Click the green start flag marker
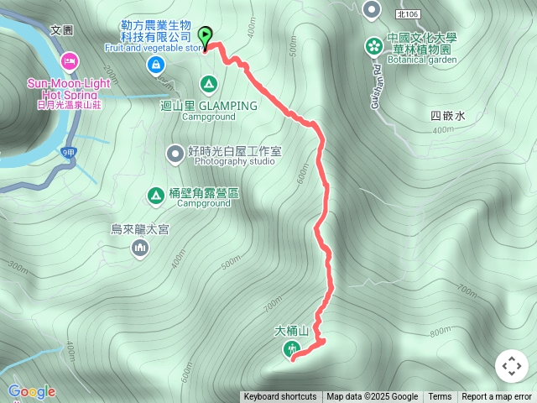click(x=206, y=35)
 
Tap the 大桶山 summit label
click(x=293, y=331)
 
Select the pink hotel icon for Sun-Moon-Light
click(x=70, y=61)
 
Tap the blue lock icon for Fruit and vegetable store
click(x=155, y=65)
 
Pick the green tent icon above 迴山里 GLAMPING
click(x=208, y=84)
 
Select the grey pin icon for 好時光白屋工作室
click(x=175, y=153)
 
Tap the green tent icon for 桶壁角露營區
click(x=155, y=196)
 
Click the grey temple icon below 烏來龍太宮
click(x=140, y=247)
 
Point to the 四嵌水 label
click(x=447, y=117)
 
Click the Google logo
click(x=32, y=391)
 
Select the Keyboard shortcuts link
click(x=280, y=397)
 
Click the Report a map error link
click(x=497, y=397)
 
